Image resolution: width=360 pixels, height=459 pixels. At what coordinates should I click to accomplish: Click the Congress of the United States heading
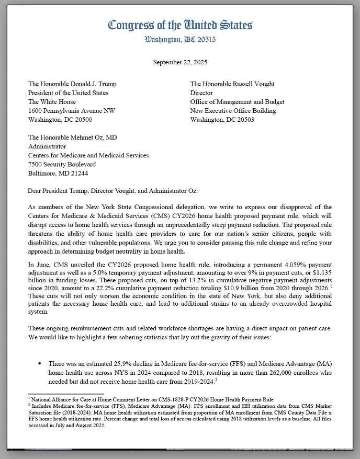180,25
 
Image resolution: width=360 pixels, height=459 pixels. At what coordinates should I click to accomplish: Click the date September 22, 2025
180,62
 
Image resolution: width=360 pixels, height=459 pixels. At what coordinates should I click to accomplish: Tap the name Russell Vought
253,84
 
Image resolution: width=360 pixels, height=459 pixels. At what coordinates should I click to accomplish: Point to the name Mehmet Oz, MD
94,137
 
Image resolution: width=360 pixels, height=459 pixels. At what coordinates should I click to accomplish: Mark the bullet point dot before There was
40,363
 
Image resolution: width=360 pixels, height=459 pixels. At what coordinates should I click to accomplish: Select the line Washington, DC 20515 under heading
180,39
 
